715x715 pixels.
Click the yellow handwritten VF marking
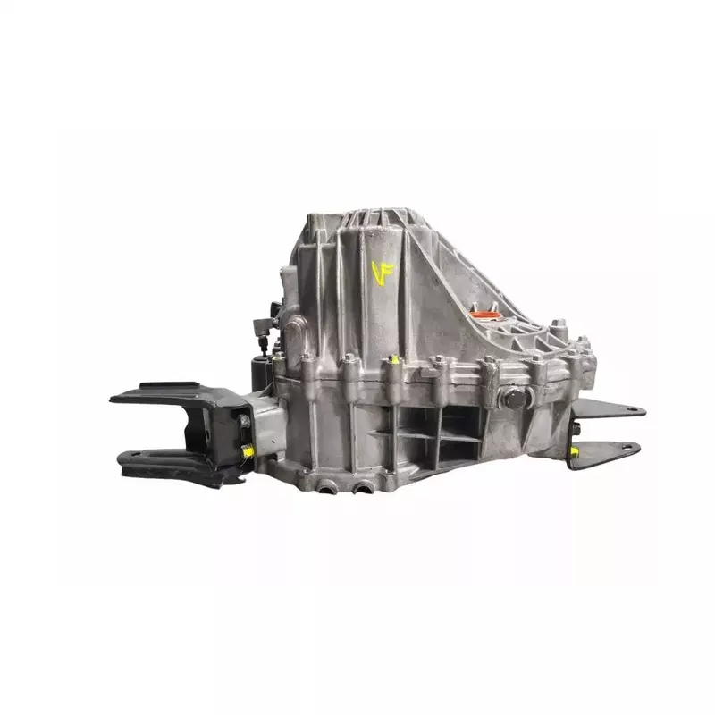[383, 273]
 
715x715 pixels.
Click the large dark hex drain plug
[515, 399]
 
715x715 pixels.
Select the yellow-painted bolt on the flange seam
[395, 359]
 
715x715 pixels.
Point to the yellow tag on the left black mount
[248, 451]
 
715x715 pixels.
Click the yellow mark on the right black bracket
[574, 451]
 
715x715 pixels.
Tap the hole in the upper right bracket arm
[631, 409]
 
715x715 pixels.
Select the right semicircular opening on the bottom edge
[362, 488]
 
